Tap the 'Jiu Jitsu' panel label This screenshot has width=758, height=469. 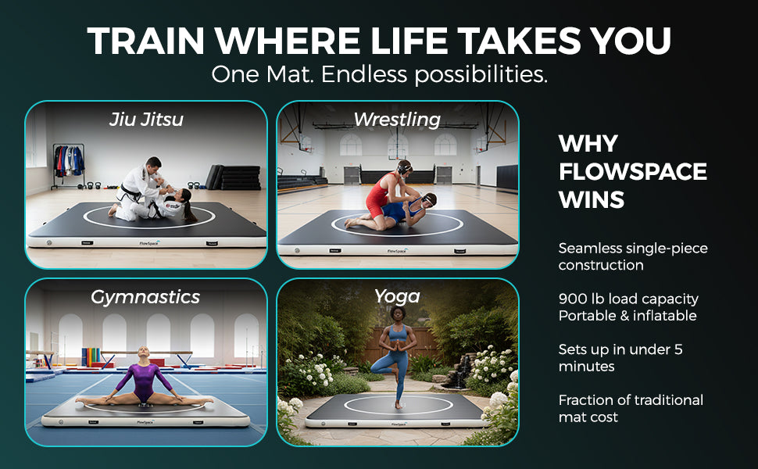pyautogui.click(x=147, y=120)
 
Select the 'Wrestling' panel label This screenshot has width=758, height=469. pyautogui.click(x=397, y=120)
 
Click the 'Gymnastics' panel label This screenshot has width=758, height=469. pyautogui.click(x=145, y=297)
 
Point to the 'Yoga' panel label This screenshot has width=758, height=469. pyautogui.click(x=397, y=295)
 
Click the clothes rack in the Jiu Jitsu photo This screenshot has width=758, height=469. pyautogui.click(x=69, y=163)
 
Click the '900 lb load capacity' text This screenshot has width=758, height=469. pyautogui.click(x=628, y=299)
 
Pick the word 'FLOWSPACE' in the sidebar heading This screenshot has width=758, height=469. pyautogui.click(x=633, y=171)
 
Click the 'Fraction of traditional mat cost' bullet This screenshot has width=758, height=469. pyautogui.click(x=631, y=408)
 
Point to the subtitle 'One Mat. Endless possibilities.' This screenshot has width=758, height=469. pyautogui.click(x=379, y=75)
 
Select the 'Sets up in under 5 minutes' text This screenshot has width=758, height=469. pyautogui.click(x=620, y=357)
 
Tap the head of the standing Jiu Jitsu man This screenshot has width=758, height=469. pyautogui.click(x=154, y=165)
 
